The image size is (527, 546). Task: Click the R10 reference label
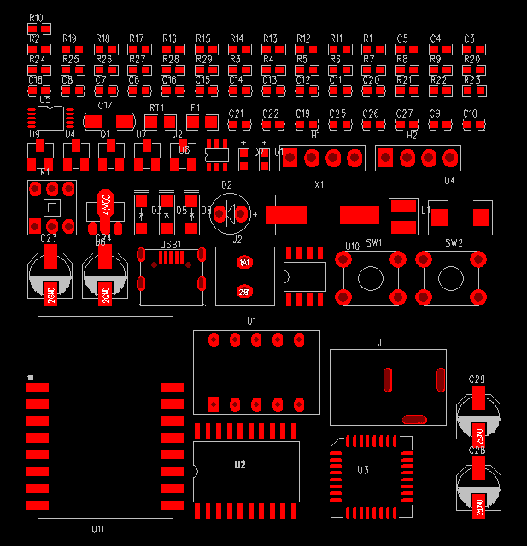(36, 17)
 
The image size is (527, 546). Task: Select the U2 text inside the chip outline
(240, 465)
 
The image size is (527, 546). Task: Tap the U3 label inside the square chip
(363, 471)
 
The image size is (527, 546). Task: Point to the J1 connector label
(382, 342)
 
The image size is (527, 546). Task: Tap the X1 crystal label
(319, 184)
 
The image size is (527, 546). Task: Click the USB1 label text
(171, 245)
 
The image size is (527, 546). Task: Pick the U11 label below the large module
(98, 530)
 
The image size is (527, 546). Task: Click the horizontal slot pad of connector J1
(414, 419)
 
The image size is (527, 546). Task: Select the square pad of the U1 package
(214, 404)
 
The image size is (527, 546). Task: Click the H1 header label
(315, 135)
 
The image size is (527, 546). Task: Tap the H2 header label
(412, 135)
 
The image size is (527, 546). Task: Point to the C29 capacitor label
(477, 379)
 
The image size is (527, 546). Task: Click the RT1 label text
(157, 107)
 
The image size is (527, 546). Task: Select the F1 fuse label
(194, 107)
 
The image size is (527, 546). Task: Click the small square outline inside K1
(52, 207)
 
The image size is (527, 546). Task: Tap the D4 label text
(449, 181)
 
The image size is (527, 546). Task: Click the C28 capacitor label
(477, 450)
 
